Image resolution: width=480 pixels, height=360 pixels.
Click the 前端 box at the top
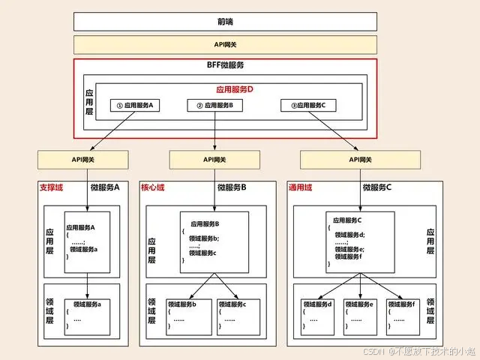[224, 22]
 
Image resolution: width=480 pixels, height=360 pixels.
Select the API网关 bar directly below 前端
[224, 44]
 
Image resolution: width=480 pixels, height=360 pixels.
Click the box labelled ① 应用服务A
[136, 105]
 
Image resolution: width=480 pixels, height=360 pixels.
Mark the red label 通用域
[301, 187]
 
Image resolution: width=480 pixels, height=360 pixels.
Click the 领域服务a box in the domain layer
[88, 314]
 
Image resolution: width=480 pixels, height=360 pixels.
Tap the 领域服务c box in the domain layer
[239, 314]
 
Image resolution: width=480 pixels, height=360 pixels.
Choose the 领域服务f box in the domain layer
[405, 314]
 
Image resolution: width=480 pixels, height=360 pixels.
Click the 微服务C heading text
[376, 187]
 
